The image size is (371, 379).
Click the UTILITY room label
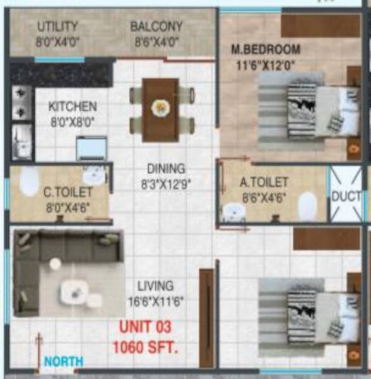click(57, 27)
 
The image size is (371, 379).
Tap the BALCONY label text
click(156, 27)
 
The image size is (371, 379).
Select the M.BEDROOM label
click(265, 49)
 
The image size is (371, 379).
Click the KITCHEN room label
click(73, 107)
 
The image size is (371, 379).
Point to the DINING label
click(166, 169)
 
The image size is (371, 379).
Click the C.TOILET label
click(68, 191)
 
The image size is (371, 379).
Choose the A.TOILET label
click(264, 182)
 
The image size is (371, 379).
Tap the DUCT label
click(346, 196)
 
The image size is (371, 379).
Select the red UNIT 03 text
click(145, 327)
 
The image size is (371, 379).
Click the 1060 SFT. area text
click(145, 346)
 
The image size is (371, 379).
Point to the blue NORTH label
click(63, 361)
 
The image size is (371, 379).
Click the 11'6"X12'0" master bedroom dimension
click(266, 64)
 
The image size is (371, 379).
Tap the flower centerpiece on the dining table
click(160, 107)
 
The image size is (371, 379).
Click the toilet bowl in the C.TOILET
click(29, 182)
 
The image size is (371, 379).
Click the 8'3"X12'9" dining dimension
click(166, 184)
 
